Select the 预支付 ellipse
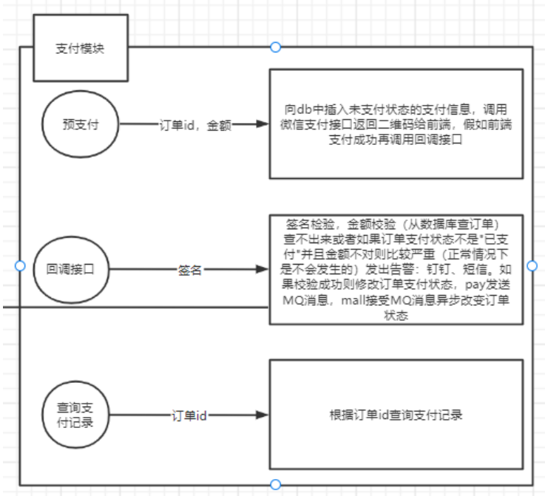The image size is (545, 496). pyautogui.click(x=81, y=125)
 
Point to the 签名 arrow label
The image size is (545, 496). pyautogui.click(x=190, y=271)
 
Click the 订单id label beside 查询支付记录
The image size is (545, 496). pyautogui.click(x=189, y=416)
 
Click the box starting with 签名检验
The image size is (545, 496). pyautogui.click(x=395, y=269)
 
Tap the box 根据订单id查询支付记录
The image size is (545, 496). pyautogui.click(x=395, y=415)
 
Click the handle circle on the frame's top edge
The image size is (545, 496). pyautogui.click(x=276, y=47)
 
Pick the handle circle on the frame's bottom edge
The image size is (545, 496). pyautogui.click(x=276, y=485)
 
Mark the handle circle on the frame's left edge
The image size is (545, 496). pyautogui.click(x=20, y=265)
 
